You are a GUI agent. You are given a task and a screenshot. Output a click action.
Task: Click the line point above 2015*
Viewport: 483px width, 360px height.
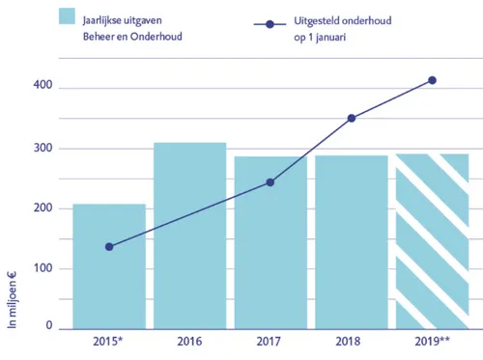click(x=109, y=247)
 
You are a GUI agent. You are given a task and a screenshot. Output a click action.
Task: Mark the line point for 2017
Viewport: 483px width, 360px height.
click(x=270, y=182)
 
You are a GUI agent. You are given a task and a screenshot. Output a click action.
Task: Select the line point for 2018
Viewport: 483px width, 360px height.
click(x=352, y=119)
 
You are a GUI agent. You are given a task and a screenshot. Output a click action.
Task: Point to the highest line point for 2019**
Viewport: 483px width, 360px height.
click(x=432, y=80)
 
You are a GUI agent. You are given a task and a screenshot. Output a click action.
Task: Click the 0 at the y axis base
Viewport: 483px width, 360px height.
click(x=47, y=327)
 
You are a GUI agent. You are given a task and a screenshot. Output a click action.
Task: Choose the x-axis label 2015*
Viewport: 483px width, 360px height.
click(x=109, y=343)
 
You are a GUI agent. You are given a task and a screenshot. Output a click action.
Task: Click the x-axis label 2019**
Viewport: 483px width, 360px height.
click(x=432, y=343)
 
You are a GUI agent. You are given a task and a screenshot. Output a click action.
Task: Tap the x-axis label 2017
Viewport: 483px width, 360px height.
click(x=270, y=343)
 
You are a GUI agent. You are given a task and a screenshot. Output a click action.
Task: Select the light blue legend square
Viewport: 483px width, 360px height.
click(x=68, y=16)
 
